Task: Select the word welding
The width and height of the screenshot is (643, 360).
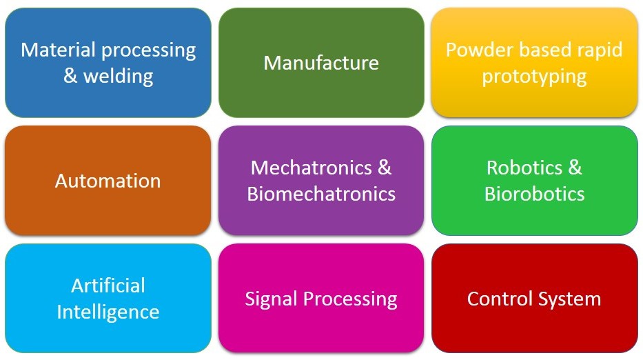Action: click(x=118, y=76)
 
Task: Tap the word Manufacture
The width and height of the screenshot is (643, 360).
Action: click(x=321, y=63)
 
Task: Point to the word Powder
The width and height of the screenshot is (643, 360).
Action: click(x=476, y=50)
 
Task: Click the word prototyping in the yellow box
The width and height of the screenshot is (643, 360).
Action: click(x=534, y=76)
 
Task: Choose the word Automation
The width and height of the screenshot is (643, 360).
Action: click(x=108, y=181)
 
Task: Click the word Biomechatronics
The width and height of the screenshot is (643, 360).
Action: click(x=321, y=194)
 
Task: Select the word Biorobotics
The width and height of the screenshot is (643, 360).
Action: click(x=534, y=194)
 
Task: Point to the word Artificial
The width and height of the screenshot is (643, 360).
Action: click(x=108, y=286)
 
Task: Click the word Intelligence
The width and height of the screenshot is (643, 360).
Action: click(x=108, y=312)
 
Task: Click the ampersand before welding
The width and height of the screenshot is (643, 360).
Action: click(x=70, y=76)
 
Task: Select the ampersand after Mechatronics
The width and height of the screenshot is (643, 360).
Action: click(x=385, y=168)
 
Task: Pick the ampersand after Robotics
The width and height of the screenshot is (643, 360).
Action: click(x=575, y=168)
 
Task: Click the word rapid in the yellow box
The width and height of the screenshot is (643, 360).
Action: click(x=599, y=50)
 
